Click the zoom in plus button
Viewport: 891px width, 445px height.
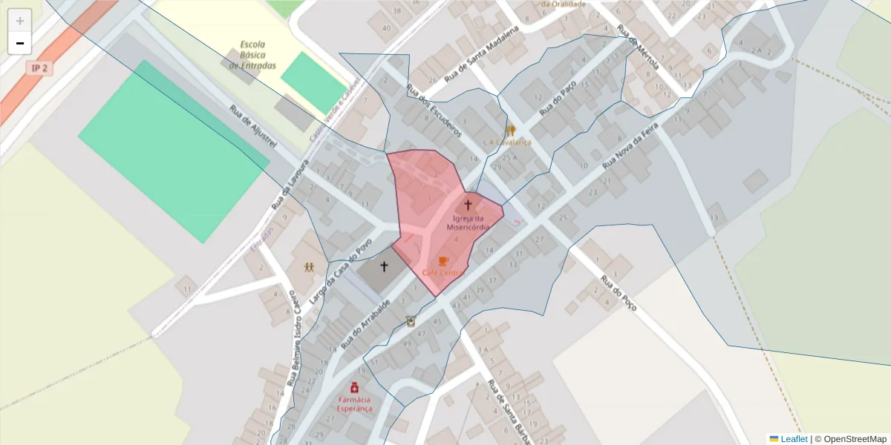(x=20, y=21)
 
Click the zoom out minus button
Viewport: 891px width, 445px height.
(x=20, y=43)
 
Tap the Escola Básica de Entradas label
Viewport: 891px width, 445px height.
(x=252, y=55)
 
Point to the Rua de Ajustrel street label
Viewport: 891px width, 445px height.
(x=253, y=126)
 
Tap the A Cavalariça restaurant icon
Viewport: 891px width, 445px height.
(x=510, y=131)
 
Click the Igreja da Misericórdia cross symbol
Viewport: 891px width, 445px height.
(x=468, y=204)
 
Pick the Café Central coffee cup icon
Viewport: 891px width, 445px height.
(x=443, y=261)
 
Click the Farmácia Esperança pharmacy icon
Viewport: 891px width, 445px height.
(x=355, y=387)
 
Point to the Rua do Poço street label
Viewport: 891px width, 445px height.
(x=619, y=294)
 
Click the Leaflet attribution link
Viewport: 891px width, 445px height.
(x=794, y=439)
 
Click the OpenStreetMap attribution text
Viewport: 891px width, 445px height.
(x=854, y=439)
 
